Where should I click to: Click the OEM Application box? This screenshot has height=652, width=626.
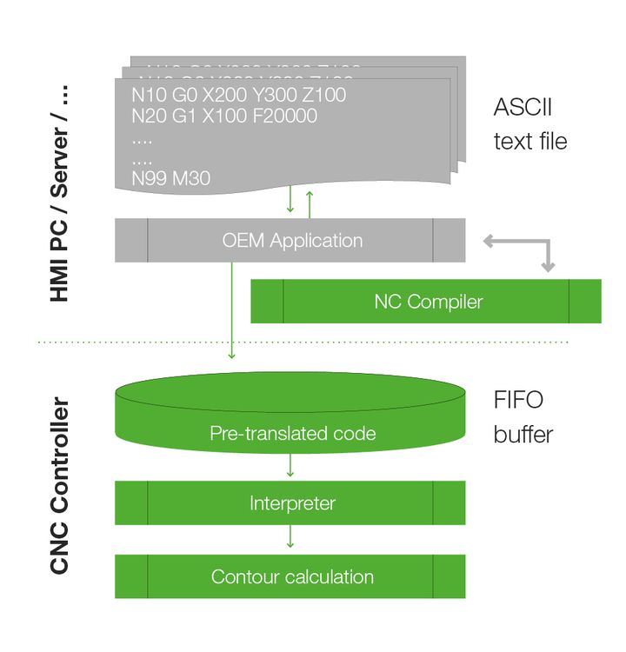292,240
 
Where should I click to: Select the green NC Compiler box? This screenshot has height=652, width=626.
427,302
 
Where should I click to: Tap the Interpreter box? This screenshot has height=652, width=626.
291,502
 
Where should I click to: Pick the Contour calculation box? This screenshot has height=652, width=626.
291,576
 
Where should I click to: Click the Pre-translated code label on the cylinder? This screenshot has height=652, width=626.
292,433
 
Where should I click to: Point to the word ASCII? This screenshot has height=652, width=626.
523,108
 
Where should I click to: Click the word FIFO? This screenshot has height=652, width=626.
518,400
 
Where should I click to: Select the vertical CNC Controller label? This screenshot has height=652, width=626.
59,486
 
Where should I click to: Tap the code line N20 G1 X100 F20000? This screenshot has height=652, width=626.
224,116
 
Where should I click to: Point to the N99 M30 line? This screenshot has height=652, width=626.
170,178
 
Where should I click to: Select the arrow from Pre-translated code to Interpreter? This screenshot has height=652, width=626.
290,466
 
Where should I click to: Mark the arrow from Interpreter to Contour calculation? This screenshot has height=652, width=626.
290,537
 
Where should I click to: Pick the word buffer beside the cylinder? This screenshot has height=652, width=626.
523,434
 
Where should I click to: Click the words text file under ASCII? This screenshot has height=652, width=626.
529,142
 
